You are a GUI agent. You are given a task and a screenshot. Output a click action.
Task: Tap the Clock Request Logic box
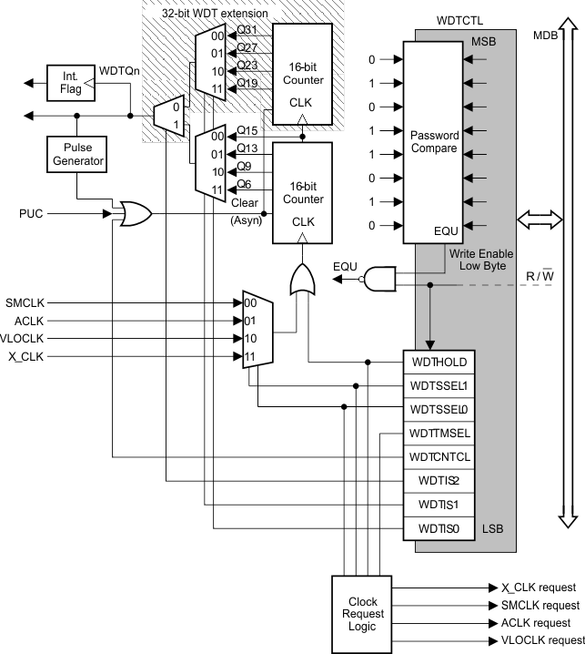pos(363,615)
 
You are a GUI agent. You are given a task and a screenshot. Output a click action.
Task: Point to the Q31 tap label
pos(246,30)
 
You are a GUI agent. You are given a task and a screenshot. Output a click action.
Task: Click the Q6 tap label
pos(244,184)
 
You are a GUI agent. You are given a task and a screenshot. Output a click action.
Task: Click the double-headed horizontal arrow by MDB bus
pos(535,219)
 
